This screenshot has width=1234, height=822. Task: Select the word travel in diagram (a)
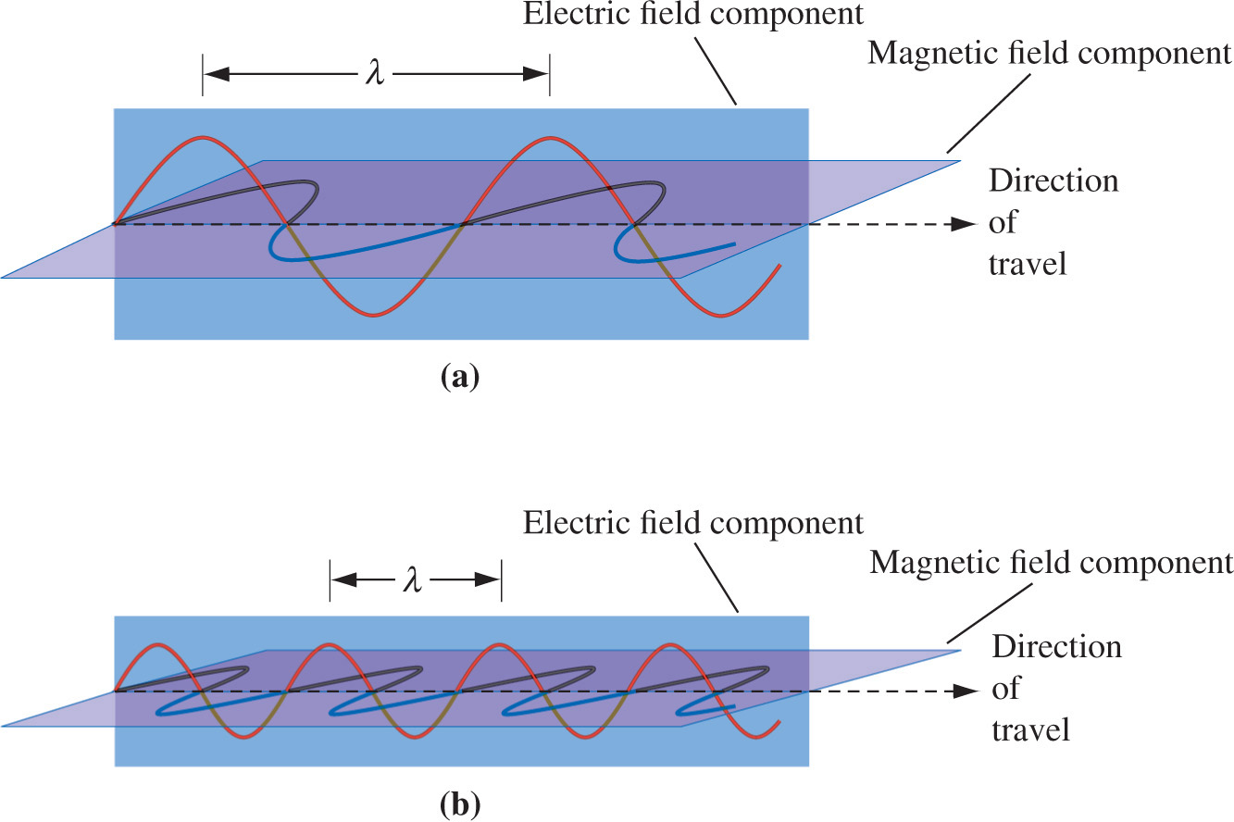1028,264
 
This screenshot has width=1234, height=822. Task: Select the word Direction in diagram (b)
1056,646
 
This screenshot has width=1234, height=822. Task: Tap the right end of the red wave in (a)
780,267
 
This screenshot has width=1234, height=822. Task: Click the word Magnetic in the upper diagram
919,53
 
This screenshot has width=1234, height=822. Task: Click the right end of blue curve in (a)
735,243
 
